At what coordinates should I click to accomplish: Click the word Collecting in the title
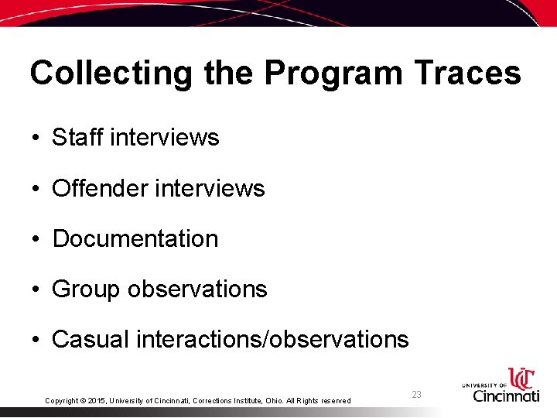(111, 74)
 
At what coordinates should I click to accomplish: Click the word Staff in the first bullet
(78, 138)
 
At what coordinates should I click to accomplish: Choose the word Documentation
(135, 238)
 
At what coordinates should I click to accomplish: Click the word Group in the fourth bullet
(86, 290)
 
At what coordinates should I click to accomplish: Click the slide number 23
(416, 395)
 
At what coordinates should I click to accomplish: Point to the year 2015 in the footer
(96, 401)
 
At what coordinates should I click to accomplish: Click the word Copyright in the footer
(61, 401)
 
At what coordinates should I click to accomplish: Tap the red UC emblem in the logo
(521, 378)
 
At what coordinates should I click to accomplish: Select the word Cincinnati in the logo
(506, 396)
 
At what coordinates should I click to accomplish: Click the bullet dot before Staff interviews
(36, 139)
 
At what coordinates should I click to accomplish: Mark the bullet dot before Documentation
(36, 239)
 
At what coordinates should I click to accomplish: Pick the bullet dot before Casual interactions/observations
(36, 340)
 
